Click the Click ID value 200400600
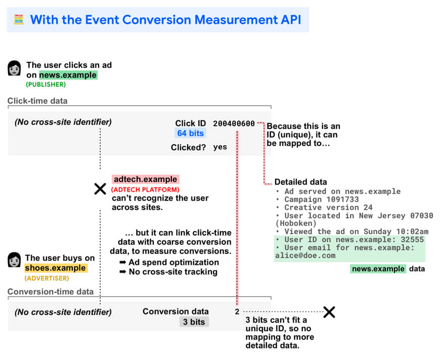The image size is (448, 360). click(x=234, y=123)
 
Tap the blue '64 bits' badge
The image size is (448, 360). click(x=191, y=133)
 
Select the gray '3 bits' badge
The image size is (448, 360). click(x=194, y=322)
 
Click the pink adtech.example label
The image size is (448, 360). click(x=146, y=179)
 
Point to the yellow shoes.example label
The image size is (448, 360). click(x=56, y=268)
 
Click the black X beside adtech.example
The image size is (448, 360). click(x=100, y=189)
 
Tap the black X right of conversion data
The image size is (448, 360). click(x=329, y=312)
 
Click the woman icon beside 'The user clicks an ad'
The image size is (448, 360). click(x=15, y=68)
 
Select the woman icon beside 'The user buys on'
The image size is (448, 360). click(x=15, y=260)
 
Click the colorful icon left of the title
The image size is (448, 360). click(x=19, y=20)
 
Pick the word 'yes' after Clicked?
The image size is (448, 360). click(x=220, y=147)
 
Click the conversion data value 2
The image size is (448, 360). click(x=237, y=312)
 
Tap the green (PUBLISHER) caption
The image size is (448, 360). click(x=46, y=84)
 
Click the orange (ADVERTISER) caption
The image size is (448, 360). click(x=47, y=278)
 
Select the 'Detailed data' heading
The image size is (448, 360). click(x=300, y=182)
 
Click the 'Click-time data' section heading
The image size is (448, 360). click(x=37, y=101)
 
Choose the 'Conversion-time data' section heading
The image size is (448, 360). click(x=50, y=292)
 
